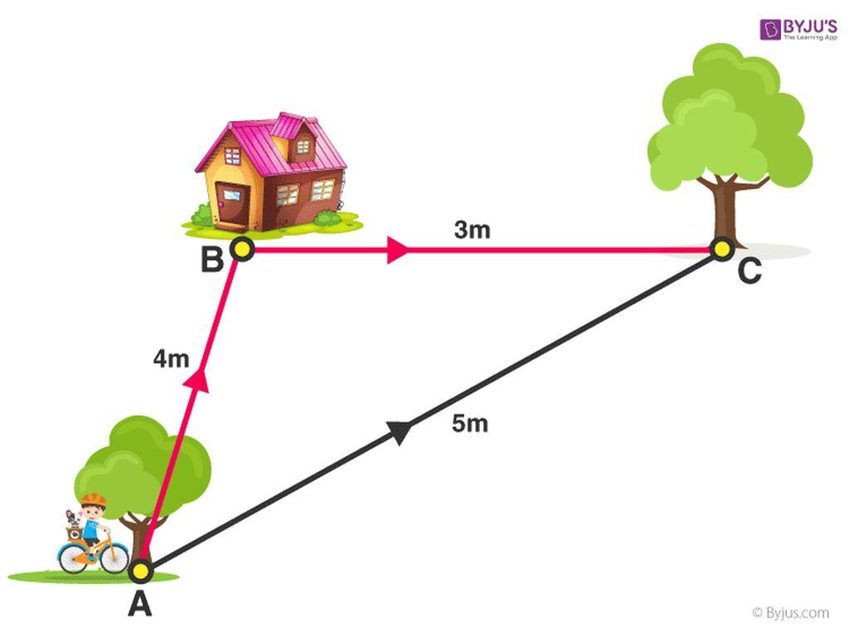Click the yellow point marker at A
click(141, 571)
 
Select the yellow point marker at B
click(242, 249)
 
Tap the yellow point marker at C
click(722, 249)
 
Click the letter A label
click(139, 604)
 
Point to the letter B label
click(211, 260)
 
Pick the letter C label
click(750, 270)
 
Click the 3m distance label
click(472, 230)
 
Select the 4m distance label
click(171, 358)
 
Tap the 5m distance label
click(470, 423)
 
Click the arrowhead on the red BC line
click(397, 250)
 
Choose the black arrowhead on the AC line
click(400, 431)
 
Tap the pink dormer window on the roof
click(296, 139)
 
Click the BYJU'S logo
click(798, 29)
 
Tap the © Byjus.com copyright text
click(790, 613)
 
